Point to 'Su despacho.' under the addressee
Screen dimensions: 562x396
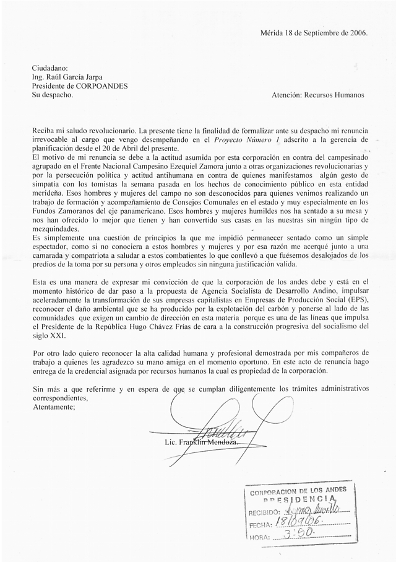pos(53,95)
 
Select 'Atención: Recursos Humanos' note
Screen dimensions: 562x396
pos(318,95)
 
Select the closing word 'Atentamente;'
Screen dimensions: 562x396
pos(53,407)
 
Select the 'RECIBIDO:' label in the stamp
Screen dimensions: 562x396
pos(265,513)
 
